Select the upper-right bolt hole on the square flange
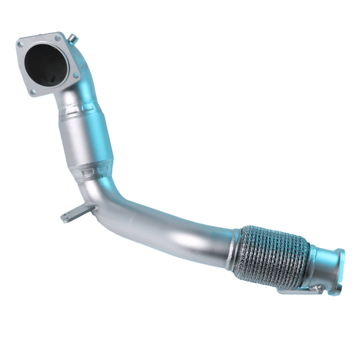(x=60, y=39)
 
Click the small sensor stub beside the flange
(x=73, y=39)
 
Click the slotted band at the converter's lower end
(x=98, y=168)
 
